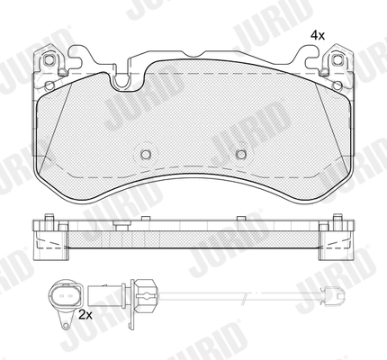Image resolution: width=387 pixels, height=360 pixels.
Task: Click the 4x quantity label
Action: click(318, 36)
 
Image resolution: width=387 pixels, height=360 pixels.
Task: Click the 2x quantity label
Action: click(85, 315)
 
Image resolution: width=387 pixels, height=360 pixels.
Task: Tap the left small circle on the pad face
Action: click(146, 154)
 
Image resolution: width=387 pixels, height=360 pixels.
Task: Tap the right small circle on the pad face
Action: click(241, 154)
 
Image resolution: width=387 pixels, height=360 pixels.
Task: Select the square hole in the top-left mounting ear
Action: click(49, 60)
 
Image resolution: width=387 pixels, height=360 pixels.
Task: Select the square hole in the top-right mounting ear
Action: click(337, 60)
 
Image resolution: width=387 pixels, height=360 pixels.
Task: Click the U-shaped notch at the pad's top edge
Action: click(121, 80)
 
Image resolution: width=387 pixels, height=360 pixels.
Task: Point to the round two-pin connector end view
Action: click(65, 295)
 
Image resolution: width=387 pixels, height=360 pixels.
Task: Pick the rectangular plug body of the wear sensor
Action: click(102, 295)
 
